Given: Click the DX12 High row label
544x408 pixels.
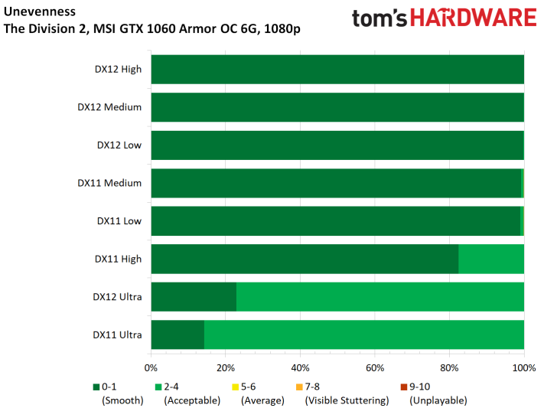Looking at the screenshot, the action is (118, 69).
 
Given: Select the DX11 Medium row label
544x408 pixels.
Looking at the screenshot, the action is (109, 183).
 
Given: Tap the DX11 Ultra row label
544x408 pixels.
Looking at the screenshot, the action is (117, 335).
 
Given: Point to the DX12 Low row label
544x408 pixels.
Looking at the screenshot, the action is (119, 145).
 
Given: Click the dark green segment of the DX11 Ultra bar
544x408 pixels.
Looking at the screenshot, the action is (178, 335).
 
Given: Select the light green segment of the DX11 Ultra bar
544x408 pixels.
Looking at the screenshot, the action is (364, 335).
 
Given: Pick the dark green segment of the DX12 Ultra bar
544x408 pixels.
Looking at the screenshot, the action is (194, 297).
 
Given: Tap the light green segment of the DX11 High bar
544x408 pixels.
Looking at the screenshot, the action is (491, 259).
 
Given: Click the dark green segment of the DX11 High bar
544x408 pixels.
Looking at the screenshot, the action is (305, 259).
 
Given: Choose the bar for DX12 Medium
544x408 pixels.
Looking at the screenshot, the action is (337, 107).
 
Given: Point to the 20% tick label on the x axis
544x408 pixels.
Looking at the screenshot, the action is (226, 368).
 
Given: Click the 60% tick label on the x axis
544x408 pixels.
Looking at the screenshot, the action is (375, 368).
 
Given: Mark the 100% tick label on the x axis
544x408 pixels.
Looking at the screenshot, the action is (524, 368).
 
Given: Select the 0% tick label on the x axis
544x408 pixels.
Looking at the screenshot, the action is (151, 368).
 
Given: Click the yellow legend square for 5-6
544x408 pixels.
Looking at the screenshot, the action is (235, 387).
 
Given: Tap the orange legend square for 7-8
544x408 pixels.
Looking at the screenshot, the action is (299, 387).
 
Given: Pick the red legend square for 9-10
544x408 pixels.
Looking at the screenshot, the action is (404, 387).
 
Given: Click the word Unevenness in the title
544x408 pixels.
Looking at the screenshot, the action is (40, 11).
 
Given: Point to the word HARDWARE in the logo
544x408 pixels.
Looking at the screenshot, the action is (474, 18).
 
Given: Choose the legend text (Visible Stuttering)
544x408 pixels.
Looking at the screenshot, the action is (347, 400).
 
